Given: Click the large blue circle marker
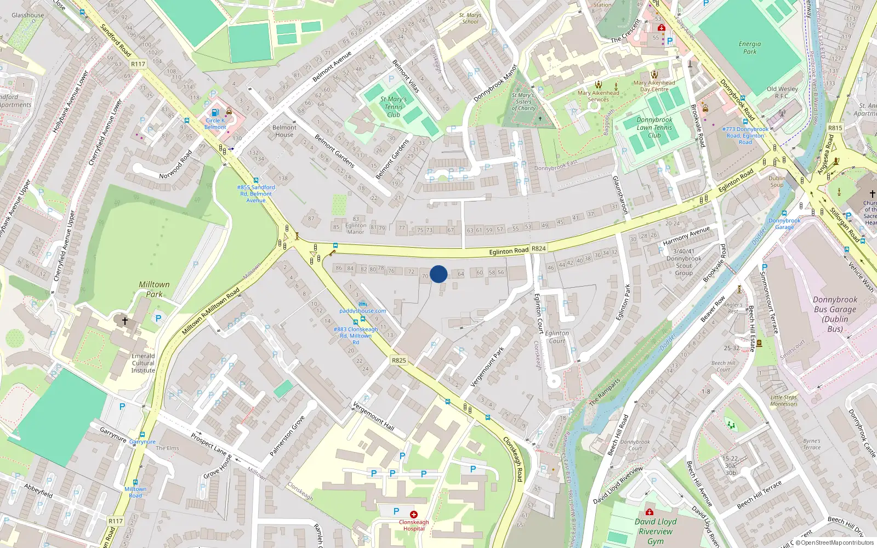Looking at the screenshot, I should coord(438,274).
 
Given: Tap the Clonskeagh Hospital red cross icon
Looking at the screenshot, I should coord(414,515).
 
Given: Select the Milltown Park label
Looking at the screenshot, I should coord(154,289).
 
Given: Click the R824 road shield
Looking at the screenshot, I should coord(539,248).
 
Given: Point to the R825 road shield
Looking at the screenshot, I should coord(399,360).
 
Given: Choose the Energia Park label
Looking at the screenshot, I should coord(749,48).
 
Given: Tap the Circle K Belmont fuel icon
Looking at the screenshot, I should coord(215,113).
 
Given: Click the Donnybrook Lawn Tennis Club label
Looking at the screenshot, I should coord(654,127).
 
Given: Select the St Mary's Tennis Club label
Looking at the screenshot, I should coord(394,107).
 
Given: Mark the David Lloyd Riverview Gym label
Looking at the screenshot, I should coord(656,531).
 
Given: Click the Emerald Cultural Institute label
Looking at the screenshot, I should coord(143,363).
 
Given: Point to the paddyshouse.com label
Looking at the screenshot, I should coord(362,311).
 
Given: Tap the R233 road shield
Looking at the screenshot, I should coord(835,128).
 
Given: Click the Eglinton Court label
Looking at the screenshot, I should coord(557,336).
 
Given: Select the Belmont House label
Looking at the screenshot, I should coord(284,131).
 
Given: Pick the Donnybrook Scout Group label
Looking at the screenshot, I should coord(684,262).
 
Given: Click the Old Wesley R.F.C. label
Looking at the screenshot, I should coord(782,92).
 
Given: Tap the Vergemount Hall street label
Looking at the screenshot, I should coord(373,416).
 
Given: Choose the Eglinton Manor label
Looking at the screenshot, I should coord(356,229).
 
